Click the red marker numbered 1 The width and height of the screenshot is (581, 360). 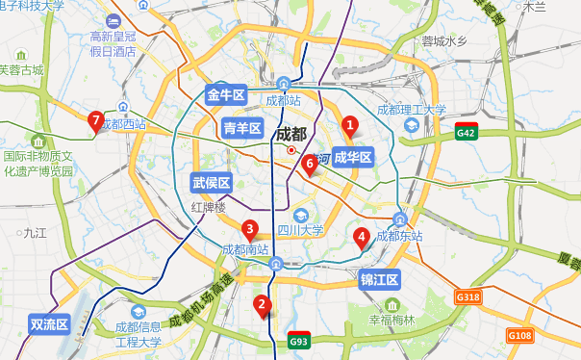coord(350,125)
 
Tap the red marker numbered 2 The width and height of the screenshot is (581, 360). coord(261,305)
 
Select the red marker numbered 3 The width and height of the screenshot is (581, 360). coord(249,229)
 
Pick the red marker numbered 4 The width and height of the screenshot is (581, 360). coord(362,237)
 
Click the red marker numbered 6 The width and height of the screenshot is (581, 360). coord(309,165)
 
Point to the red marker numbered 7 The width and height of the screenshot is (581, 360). coord(95,120)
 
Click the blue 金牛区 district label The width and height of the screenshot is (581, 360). coord(227,94)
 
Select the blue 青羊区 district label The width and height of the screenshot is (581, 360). coord(242,127)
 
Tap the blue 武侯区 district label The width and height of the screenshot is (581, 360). coord(211,183)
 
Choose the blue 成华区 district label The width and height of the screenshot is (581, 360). coord(352,158)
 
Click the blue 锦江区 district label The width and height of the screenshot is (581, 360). coord(379,280)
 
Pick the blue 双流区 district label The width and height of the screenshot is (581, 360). coord(49,324)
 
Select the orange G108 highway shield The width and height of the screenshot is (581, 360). coord(519,335)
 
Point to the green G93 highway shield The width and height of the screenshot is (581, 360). coord(299,341)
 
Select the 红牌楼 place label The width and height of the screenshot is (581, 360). coord(208,207)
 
